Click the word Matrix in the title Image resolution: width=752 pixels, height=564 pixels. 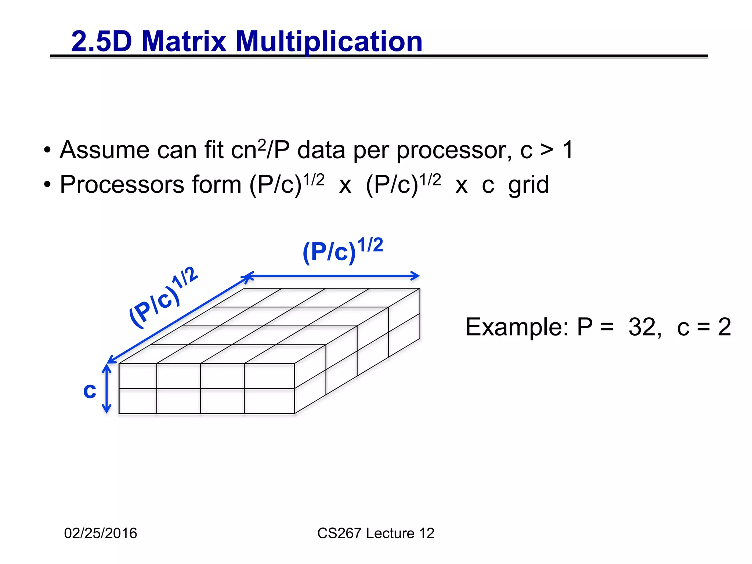(184, 41)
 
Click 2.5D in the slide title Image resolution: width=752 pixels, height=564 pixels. (101, 41)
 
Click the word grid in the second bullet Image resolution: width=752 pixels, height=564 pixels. (528, 185)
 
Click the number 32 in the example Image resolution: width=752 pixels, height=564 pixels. (642, 327)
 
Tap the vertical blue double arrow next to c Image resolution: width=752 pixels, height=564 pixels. (106, 388)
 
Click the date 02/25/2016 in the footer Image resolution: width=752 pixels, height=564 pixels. (101, 533)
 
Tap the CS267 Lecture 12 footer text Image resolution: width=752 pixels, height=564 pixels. (376, 533)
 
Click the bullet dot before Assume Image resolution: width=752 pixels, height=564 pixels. (47, 150)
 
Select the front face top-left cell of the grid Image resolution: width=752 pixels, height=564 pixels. (138, 376)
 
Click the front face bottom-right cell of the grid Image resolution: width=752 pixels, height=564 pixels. (269, 401)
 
